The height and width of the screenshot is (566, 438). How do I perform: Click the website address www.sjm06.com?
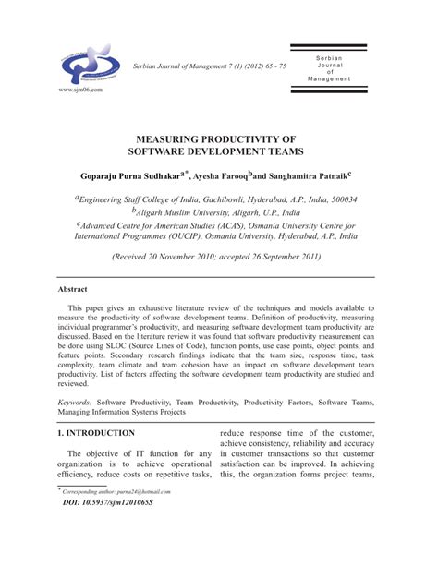[80, 90]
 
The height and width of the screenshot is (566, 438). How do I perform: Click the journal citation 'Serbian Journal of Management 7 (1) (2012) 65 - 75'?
[210, 66]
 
